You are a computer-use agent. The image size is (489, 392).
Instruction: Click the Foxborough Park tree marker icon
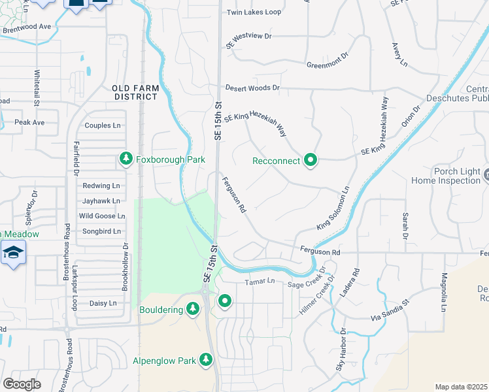click(x=126, y=159)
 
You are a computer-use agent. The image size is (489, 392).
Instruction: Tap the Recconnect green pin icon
click(x=311, y=160)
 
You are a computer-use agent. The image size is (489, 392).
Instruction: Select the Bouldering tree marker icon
click(x=192, y=308)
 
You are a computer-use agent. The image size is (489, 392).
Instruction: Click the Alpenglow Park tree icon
click(x=206, y=359)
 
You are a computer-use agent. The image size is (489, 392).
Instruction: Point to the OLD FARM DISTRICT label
click(x=135, y=92)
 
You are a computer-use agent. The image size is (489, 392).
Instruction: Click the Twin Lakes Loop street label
click(x=254, y=12)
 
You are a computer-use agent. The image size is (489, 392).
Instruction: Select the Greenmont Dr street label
click(x=329, y=65)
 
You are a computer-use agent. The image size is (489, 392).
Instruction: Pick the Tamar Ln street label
click(x=261, y=282)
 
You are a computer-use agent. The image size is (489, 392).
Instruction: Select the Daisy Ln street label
click(x=103, y=303)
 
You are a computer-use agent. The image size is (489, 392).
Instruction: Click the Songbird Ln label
click(x=101, y=231)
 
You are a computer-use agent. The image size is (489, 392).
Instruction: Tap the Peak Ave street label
click(x=29, y=122)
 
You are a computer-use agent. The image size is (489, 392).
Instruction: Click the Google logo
click(x=22, y=384)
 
